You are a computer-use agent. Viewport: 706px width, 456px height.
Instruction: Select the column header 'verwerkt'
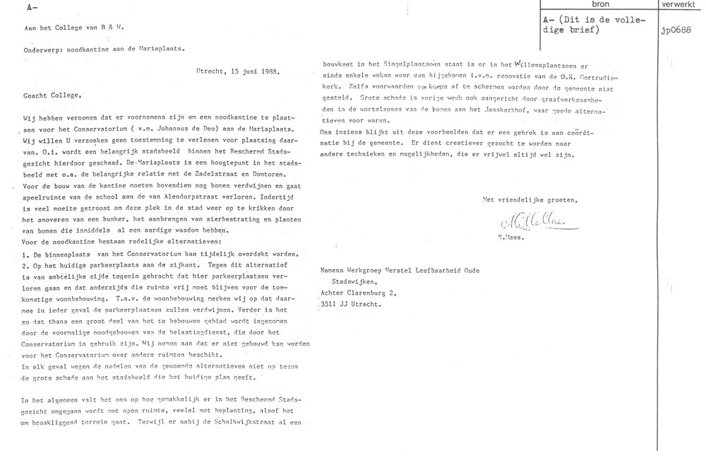click(681, 4)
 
